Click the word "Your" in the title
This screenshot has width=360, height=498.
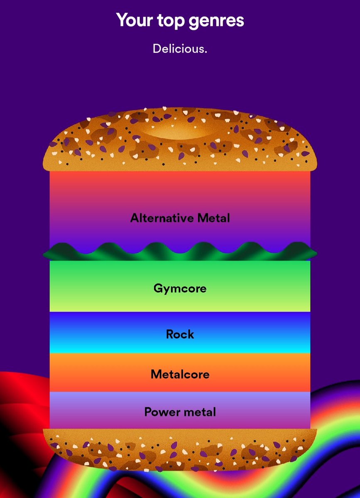point(135,20)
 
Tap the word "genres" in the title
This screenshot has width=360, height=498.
point(216,22)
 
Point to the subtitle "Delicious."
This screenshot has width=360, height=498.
point(180,49)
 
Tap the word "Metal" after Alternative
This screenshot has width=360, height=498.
point(213,218)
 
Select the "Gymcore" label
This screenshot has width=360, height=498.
point(180,289)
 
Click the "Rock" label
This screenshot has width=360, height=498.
point(180,334)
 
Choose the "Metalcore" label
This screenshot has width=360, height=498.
point(180,374)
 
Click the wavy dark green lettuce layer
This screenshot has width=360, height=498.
point(180,252)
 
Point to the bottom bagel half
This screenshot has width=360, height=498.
point(180,449)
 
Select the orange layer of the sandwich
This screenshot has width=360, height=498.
point(180,372)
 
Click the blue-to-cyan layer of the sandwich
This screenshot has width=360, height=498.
point(180,332)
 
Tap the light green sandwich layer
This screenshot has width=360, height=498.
point(180,286)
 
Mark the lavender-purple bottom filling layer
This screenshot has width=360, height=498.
point(180,410)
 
